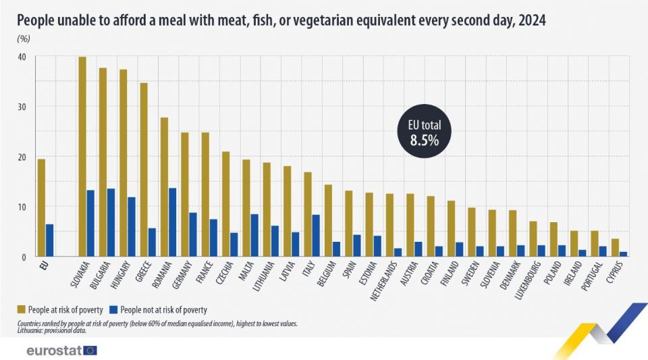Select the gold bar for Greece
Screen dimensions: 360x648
pos(144,170)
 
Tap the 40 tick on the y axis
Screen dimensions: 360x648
pos(22,57)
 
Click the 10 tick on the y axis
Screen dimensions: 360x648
pos(22,207)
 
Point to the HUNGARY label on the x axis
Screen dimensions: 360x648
pos(121,278)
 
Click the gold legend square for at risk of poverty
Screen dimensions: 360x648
pos(22,310)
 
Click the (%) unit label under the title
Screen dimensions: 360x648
pos(24,38)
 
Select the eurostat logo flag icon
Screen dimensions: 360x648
pos(90,350)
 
